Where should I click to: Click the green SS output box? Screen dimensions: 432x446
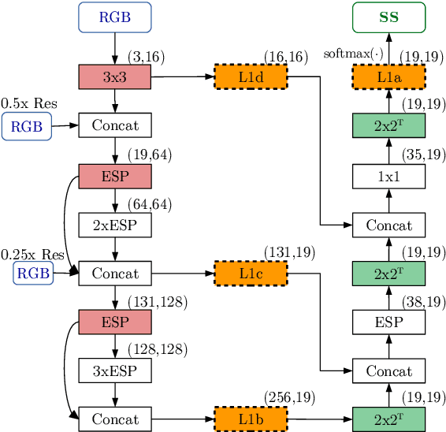click(x=388, y=17)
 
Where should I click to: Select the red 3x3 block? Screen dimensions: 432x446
click(x=115, y=76)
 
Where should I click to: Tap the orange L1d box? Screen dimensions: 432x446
click(x=251, y=76)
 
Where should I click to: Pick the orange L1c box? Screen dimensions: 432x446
click(x=251, y=274)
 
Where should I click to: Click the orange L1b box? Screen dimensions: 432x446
click(x=251, y=419)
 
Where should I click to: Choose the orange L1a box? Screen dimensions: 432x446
click(x=388, y=76)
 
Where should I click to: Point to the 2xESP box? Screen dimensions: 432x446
click(x=115, y=225)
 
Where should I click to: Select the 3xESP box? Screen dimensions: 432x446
click(x=115, y=370)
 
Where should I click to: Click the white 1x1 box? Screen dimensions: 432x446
click(x=388, y=176)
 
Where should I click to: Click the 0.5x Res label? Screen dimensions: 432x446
click(x=28, y=103)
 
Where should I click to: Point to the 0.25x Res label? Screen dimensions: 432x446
click(x=32, y=255)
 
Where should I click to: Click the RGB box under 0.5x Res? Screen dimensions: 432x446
click(x=27, y=126)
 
